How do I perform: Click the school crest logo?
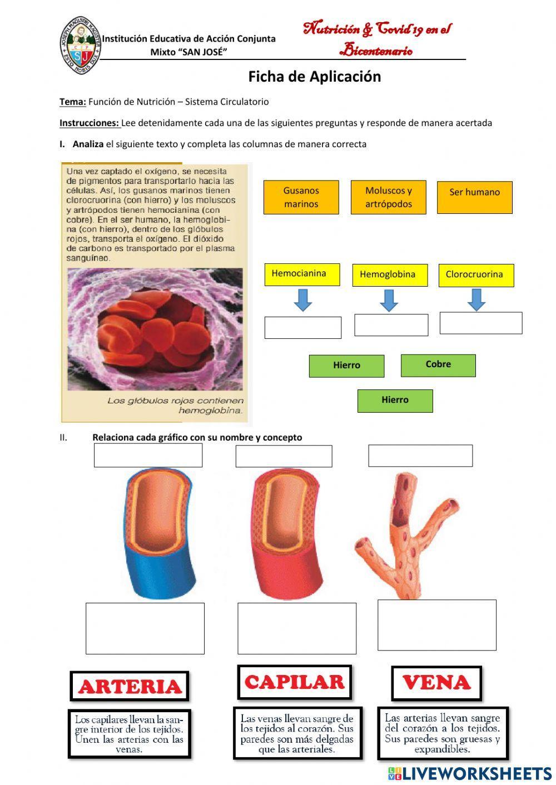[x=81, y=42]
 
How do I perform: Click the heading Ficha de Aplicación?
[x=314, y=77]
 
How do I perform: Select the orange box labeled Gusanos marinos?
[x=301, y=197]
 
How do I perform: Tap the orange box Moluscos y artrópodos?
[x=388, y=197]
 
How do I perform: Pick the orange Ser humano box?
[x=474, y=197]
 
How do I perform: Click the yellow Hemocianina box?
[x=302, y=274]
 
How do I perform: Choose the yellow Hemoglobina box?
[x=390, y=275]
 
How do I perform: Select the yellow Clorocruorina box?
[x=476, y=275]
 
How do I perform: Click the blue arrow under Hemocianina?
[x=302, y=300]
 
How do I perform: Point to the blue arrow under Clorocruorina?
[x=476, y=299]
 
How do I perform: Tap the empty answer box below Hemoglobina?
[x=391, y=325]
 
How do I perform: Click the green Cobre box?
[x=438, y=365]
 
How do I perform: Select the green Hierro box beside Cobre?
[x=346, y=366]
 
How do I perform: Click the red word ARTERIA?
[x=130, y=687]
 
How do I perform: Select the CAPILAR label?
[x=295, y=682]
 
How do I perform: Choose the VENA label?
[x=436, y=683]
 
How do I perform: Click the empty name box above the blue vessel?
[x=148, y=456]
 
